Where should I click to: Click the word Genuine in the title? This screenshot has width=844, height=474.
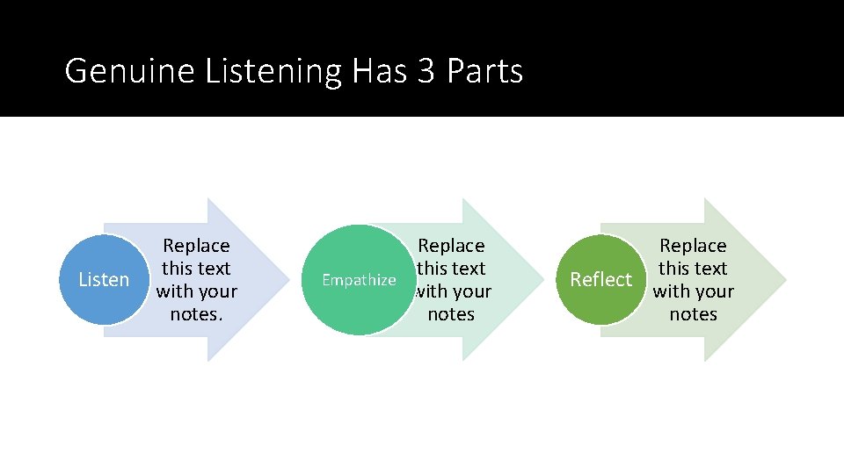[x=130, y=71]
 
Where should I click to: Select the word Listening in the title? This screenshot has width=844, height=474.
[x=273, y=71]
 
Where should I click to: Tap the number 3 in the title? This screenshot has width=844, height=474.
[x=426, y=71]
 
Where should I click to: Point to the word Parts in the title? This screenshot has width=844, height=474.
[x=484, y=71]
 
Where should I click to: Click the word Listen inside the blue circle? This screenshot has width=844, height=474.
[x=104, y=280]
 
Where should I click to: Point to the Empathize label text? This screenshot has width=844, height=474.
[x=359, y=280]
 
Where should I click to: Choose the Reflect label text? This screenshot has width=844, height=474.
[x=601, y=280]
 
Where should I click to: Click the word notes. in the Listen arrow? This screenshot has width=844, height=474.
[x=196, y=314]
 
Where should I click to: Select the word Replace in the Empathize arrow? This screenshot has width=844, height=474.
[x=451, y=246]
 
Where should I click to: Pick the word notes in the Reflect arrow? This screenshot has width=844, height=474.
[x=693, y=314]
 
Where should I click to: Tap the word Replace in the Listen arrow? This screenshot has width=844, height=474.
[x=196, y=246]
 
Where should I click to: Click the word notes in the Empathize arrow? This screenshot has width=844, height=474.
[x=451, y=314]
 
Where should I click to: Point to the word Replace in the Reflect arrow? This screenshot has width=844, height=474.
[x=693, y=246]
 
